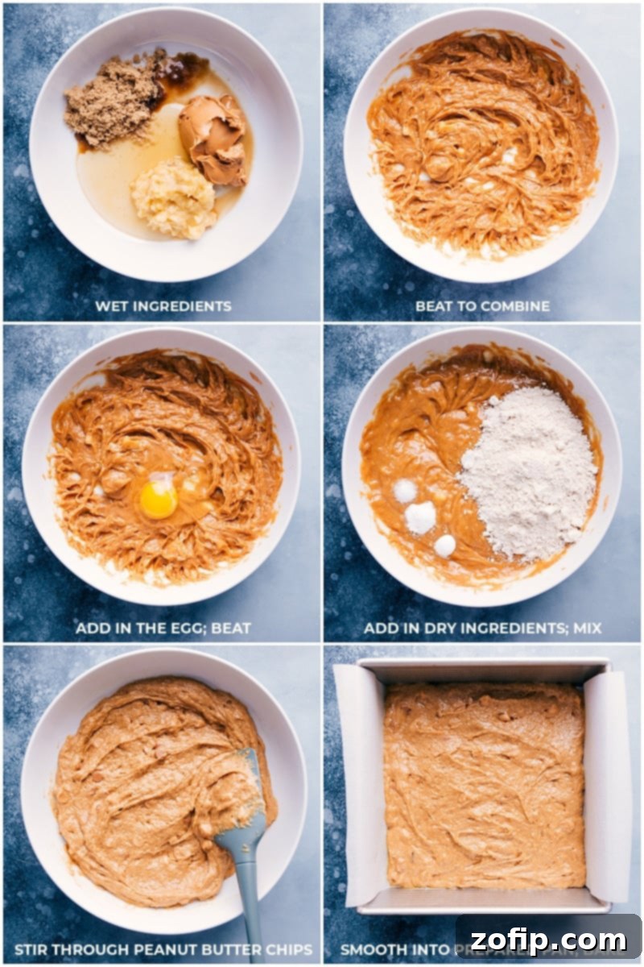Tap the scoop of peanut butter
tap(213, 137)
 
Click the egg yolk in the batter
tap(158, 500)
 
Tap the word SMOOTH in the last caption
tap(372, 949)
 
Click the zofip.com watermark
tap(549, 939)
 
